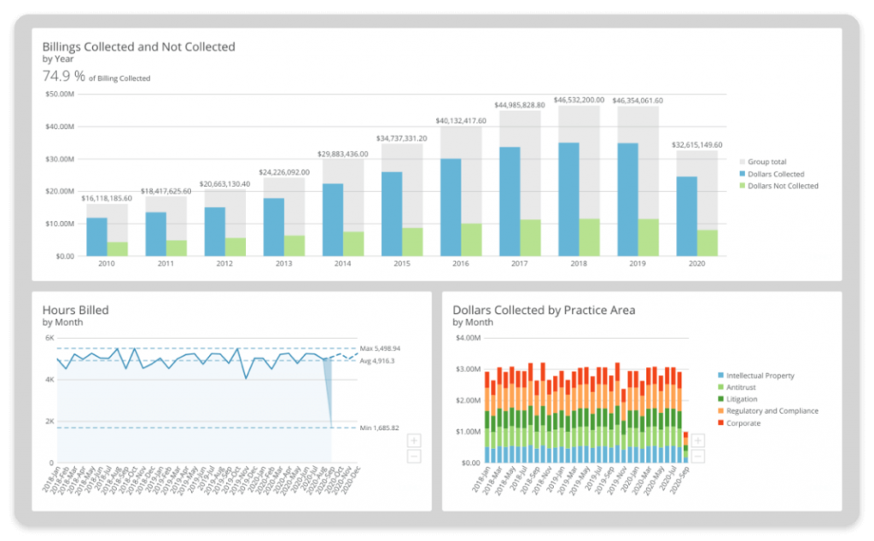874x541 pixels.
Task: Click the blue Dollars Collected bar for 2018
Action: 568,200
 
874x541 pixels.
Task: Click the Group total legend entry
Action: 767,161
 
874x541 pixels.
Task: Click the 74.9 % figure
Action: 64,76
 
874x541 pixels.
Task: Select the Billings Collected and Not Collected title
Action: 138,47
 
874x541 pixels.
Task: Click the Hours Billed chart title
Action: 76,310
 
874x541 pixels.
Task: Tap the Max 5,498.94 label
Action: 380,348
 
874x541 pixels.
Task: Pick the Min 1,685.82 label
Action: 379,428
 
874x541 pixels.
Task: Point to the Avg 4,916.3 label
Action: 377,360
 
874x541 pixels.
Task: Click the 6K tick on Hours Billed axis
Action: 49,339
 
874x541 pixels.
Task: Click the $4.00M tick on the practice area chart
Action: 465,339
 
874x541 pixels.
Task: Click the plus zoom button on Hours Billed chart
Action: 414,440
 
